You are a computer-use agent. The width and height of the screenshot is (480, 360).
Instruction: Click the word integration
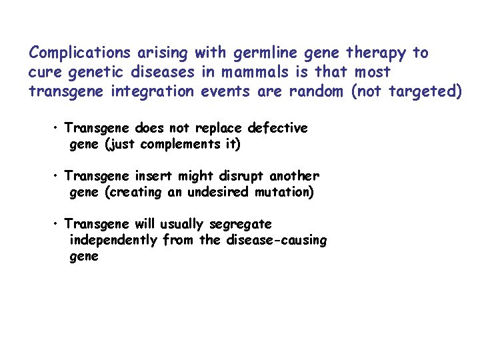[x=159, y=91]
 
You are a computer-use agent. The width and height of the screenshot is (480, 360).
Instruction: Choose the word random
[x=315, y=91]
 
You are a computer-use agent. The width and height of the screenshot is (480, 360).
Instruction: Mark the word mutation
[x=286, y=192]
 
